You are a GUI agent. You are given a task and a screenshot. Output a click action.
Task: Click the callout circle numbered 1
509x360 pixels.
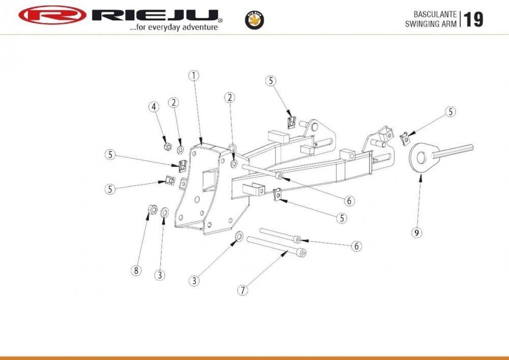click(x=193, y=76)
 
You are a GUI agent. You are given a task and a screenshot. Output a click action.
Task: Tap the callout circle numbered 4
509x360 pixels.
click(x=154, y=106)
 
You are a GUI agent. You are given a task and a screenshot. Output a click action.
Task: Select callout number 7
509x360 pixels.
click(x=243, y=290)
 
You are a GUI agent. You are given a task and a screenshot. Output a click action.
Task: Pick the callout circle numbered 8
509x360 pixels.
click(x=136, y=270)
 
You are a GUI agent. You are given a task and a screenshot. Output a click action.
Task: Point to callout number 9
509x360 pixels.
click(x=417, y=233)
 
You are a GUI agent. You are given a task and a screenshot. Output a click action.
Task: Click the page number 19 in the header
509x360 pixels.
click(x=473, y=19)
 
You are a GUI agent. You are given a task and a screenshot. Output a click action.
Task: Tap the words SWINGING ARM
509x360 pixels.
click(x=431, y=24)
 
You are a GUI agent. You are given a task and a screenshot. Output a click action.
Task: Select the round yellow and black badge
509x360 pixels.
click(x=254, y=19)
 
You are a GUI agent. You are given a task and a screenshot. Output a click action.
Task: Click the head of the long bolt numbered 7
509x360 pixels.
click(x=302, y=252)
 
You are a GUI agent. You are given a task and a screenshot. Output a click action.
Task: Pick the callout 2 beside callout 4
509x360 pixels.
click(x=174, y=102)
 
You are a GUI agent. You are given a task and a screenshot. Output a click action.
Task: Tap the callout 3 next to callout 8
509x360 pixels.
click(x=160, y=275)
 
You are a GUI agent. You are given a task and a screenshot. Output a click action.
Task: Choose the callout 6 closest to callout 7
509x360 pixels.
click(x=357, y=246)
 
